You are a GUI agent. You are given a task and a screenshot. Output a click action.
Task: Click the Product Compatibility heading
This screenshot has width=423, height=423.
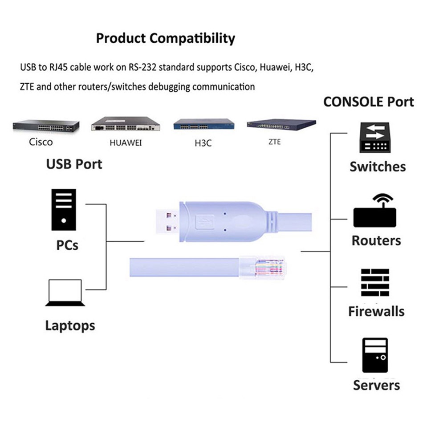(x=165, y=38)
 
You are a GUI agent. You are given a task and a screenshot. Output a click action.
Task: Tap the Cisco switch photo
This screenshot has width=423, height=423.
(x=46, y=126)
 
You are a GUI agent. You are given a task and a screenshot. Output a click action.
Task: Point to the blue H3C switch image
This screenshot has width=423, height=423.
(x=203, y=125)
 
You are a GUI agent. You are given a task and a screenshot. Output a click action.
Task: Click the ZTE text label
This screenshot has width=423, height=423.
(x=275, y=142)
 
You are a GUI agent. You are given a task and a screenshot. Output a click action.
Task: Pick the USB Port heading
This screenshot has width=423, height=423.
(x=74, y=164)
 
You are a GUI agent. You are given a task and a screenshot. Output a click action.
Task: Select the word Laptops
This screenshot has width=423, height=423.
(x=70, y=325)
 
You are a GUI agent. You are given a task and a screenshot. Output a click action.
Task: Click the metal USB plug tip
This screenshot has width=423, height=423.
(x=167, y=221)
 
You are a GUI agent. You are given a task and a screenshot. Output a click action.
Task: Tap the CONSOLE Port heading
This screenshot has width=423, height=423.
(x=368, y=102)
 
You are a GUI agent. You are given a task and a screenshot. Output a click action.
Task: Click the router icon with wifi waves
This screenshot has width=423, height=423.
(x=375, y=211)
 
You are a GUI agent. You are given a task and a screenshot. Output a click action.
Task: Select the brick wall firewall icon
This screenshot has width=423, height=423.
(x=375, y=283)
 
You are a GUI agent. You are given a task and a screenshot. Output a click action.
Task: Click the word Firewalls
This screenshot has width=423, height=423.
(x=376, y=311)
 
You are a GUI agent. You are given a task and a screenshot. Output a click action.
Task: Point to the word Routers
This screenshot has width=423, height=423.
(x=376, y=240)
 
